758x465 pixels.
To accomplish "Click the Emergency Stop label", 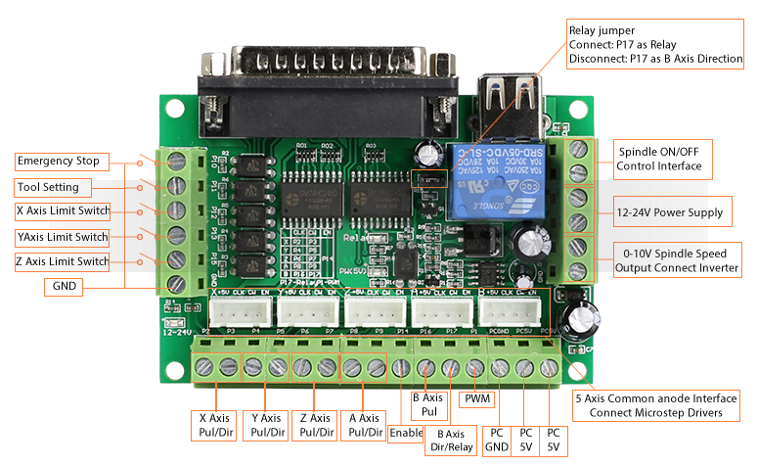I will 59,161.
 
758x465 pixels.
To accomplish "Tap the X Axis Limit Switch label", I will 63,211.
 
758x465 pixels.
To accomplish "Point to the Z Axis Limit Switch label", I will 63,262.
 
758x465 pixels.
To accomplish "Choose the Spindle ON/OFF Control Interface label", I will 658,159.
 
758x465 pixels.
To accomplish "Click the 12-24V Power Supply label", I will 670,212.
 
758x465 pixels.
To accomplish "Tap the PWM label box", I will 478,399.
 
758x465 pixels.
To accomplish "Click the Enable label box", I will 406,432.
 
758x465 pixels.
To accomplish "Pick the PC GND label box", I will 497,440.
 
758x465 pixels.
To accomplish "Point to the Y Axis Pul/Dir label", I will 266,425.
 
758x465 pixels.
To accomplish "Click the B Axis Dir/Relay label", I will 450,440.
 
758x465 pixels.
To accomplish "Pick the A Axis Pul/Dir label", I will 364,425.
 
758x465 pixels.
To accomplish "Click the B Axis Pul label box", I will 426,405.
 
